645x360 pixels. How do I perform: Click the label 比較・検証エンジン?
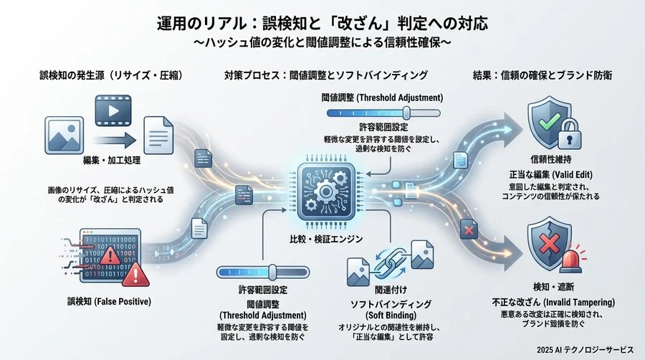(x=322, y=237)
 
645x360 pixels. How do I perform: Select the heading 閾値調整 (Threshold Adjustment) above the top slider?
(x=383, y=98)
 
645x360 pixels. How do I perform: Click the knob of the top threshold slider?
(x=406, y=112)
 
